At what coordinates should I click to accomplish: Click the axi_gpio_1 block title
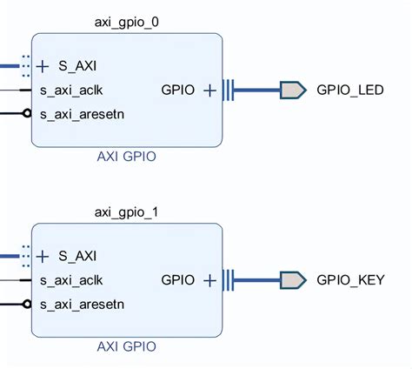127,211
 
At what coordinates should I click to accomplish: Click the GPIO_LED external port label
349,90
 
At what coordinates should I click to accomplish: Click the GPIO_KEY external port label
349,280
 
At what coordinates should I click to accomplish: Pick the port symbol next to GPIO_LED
292,90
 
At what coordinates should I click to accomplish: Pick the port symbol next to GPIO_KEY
292,280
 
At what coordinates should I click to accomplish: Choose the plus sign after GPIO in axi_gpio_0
209,90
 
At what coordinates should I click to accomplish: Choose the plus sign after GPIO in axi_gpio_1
209,280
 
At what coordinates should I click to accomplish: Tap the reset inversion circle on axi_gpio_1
27,305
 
